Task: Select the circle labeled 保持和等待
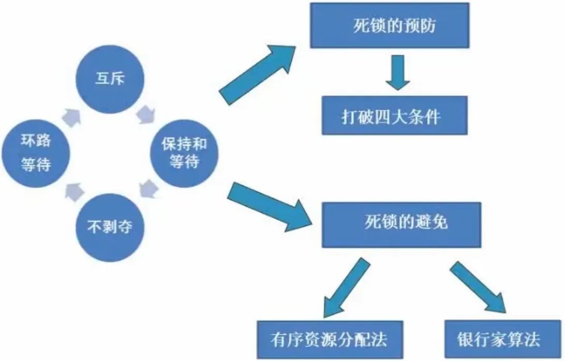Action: [183, 154]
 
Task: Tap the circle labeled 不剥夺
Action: [110, 228]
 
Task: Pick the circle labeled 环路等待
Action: [36, 154]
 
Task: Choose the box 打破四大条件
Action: [394, 116]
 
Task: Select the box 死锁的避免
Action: [402, 223]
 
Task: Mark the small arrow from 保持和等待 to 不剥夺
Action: [147, 189]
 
